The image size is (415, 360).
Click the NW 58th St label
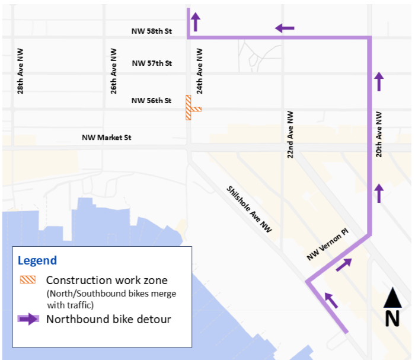[151, 30]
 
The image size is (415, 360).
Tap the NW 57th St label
[151, 63]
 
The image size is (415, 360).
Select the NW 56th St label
[151, 101]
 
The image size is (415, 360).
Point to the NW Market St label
[106, 138]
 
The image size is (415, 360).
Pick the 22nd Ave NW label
[290, 133]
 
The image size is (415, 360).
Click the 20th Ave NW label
[378, 135]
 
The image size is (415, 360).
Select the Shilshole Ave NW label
[249, 209]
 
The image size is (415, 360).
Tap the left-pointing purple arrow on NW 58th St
[285, 28]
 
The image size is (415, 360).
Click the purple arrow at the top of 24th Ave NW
[195, 23]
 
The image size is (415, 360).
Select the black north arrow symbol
[392, 298]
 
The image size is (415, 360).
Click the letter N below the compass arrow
[392, 319]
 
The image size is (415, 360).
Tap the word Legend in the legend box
[37, 260]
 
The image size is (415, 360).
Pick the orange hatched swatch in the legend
[28, 280]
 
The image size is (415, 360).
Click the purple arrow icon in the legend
[28, 319]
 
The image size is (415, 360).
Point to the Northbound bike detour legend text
[108, 319]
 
